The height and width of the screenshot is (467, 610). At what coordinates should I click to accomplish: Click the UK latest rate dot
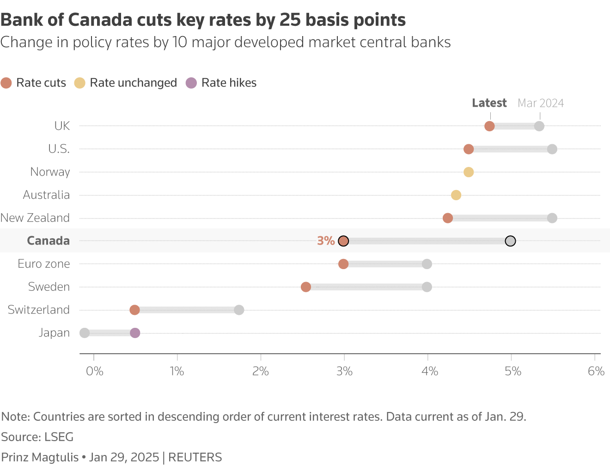pos(489,126)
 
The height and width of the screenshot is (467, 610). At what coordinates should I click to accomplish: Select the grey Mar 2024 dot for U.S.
pos(552,149)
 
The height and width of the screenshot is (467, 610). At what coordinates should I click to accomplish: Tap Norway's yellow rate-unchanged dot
pos(469,172)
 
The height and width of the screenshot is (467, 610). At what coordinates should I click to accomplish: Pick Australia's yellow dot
pos(456,195)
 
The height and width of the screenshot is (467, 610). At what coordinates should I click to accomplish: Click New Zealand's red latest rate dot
pos(448,218)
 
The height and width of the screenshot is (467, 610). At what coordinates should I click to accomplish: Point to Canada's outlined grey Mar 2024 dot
pos(510,241)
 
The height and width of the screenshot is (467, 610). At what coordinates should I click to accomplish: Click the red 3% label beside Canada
pos(326,241)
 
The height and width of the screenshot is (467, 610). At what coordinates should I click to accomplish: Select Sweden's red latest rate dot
pos(306,287)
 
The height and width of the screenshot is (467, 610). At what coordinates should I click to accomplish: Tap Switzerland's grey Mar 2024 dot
pos(239,310)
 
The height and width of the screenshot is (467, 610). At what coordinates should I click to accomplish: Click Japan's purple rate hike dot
pos(135,333)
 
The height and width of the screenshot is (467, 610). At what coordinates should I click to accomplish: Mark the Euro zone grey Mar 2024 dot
pos(427,264)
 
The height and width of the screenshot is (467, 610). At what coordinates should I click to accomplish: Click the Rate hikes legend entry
pos(221,83)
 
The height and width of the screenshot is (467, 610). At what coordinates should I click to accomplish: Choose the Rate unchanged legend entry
pos(126,83)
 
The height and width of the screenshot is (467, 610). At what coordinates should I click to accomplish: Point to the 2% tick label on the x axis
pos(261,371)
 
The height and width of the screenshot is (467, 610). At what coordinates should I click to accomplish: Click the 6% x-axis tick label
pos(596,371)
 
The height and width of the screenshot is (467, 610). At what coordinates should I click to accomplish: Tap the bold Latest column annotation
pos(489,103)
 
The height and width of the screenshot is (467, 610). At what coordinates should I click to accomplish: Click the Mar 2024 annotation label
pos(541,103)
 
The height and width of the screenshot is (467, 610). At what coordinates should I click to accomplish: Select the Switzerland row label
pos(39,310)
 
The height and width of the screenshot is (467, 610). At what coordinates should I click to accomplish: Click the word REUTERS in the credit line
pos(195,457)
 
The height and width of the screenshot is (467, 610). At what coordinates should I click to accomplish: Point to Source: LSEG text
pos(37,437)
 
